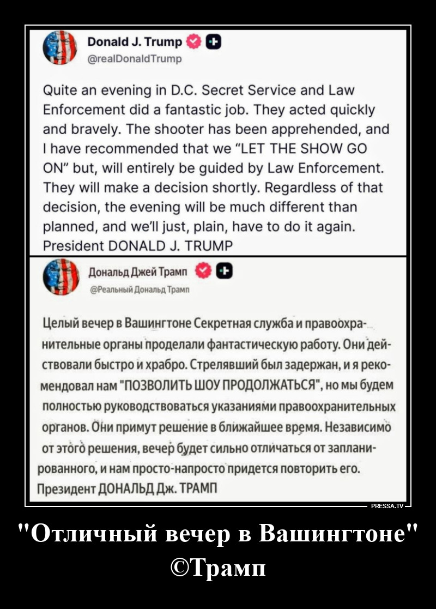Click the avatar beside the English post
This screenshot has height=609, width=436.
coord(60,48)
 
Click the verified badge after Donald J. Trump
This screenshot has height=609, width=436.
coord(193,41)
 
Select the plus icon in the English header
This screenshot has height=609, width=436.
coord(214,41)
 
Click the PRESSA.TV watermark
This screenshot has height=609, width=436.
coord(386,506)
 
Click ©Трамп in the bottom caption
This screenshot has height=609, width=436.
coord(218,568)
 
